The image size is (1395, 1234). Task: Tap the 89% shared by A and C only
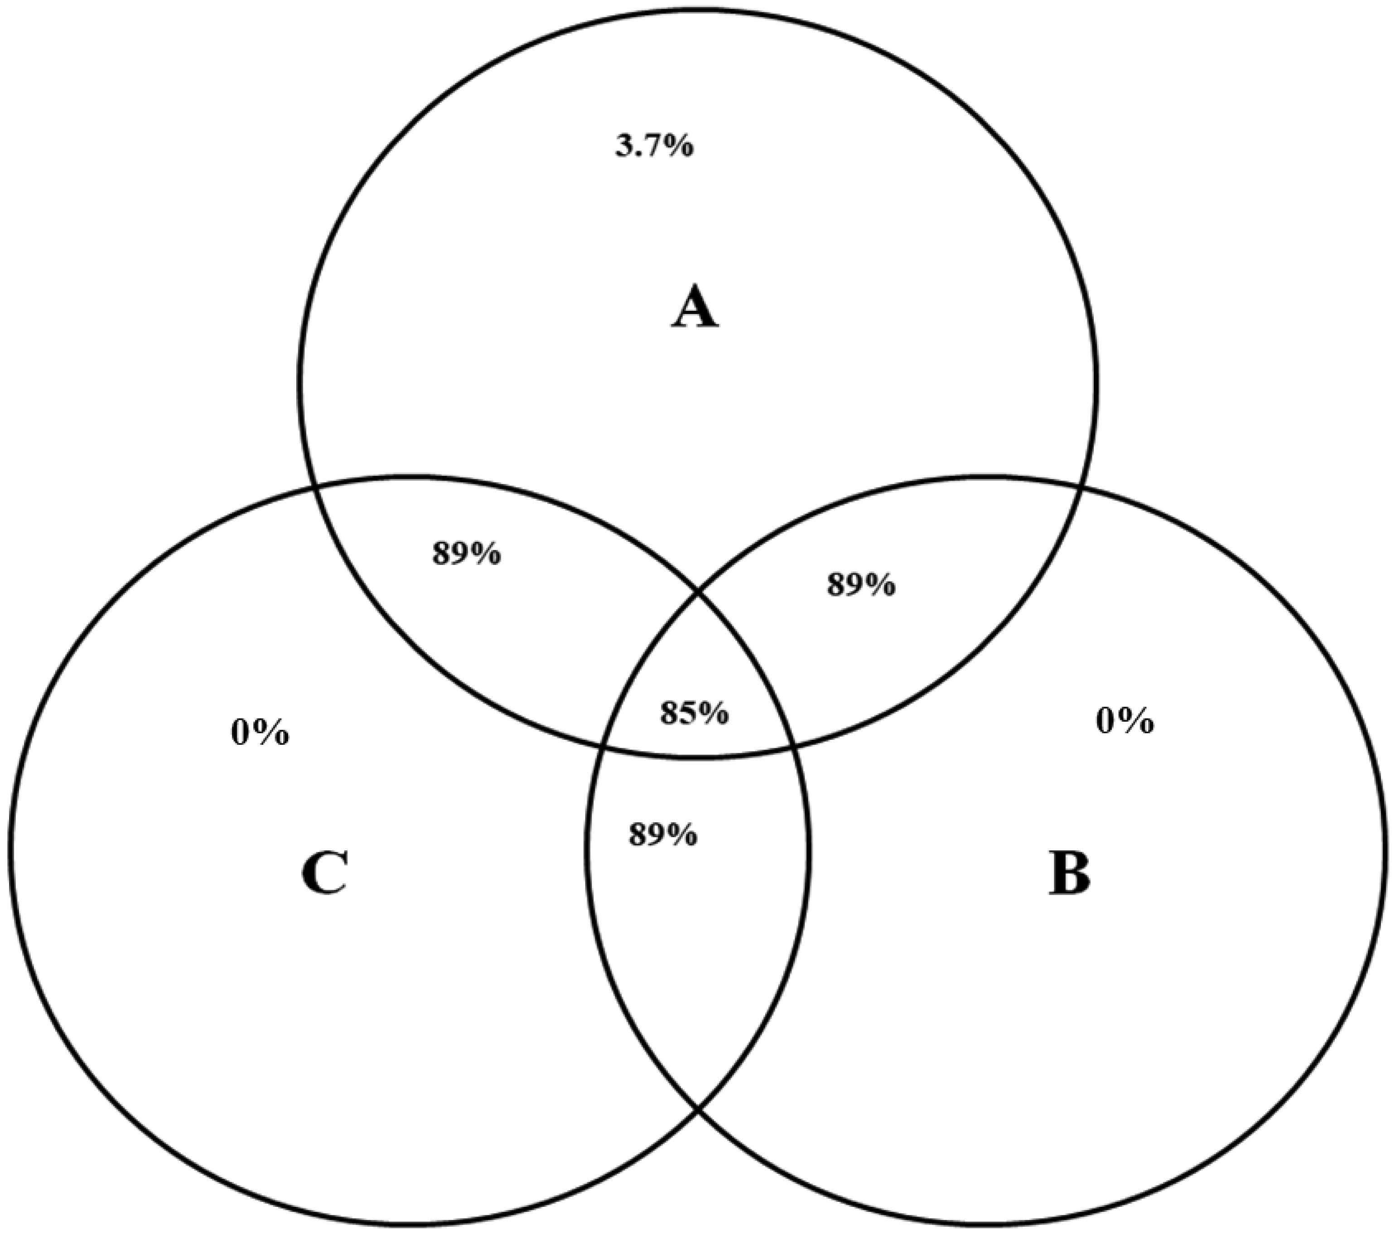pos(466,554)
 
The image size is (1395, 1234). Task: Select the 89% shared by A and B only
pos(861,585)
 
